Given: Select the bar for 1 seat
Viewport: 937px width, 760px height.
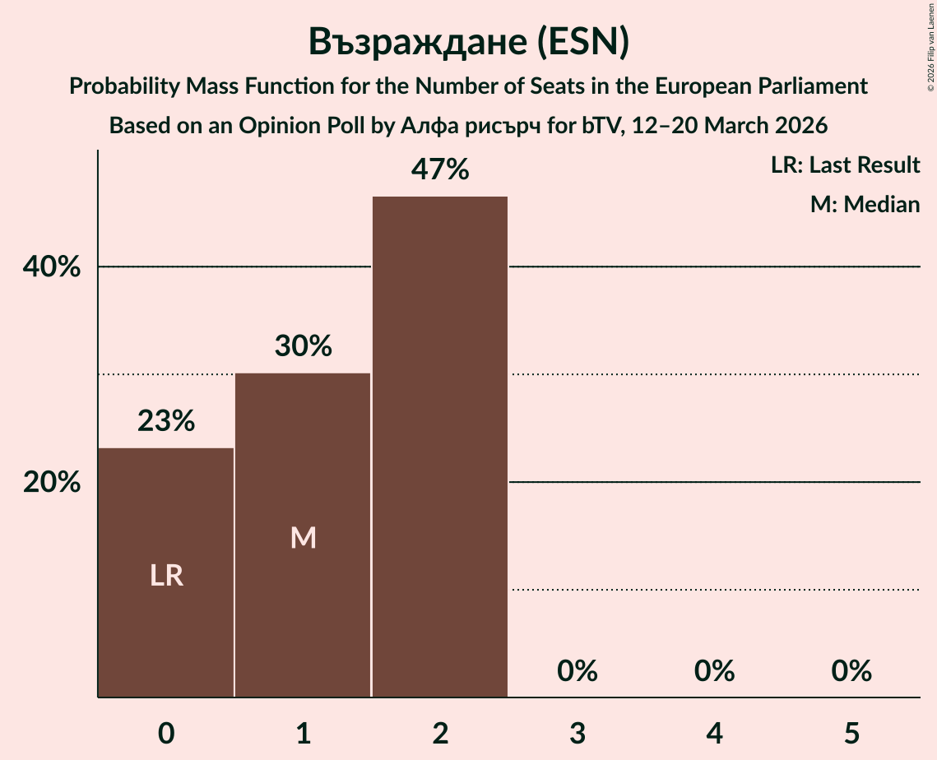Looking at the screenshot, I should click(303, 535).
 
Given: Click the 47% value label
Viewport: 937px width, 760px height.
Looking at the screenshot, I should click(440, 170).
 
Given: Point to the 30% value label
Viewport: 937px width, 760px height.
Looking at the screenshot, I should click(303, 347).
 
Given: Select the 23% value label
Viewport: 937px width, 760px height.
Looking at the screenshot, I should click(166, 421).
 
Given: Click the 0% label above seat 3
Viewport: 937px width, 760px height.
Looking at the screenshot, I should click(577, 671).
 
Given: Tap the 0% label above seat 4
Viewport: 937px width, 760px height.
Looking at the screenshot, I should click(714, 671).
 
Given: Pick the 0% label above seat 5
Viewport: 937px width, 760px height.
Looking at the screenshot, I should click(851, 671).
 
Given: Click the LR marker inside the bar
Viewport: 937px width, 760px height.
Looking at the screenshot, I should click(166, 576).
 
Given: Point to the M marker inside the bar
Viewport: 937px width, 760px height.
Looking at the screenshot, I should click(303, 538).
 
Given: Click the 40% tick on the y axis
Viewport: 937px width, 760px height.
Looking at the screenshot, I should click(52, 267).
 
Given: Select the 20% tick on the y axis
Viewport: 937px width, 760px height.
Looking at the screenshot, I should click(52, 483).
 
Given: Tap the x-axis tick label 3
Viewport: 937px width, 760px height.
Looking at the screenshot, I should click(577, 733).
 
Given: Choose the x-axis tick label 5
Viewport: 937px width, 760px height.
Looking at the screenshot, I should click(851, 733).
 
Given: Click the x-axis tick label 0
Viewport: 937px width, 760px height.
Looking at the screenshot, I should click(166, 733).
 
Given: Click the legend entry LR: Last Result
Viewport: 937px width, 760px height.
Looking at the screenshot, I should click(845, 165).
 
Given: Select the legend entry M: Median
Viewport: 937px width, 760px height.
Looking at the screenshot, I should click(865, 204).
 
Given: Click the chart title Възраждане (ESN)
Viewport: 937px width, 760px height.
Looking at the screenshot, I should click(468, 43).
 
